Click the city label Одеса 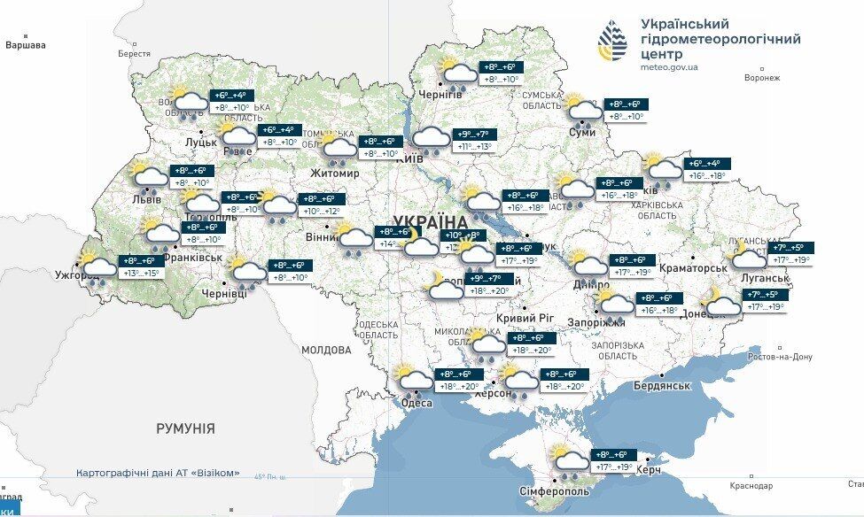[x=416, y=403]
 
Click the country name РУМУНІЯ [x=185, y=428]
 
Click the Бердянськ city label [x=662, y=385]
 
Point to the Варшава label [x=25, y=44]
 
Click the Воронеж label [x=761, y=78]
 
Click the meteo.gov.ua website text [x=668, y=66]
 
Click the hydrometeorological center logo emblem [x=613, y=42]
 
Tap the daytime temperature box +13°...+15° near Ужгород [x=140, y=274]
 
